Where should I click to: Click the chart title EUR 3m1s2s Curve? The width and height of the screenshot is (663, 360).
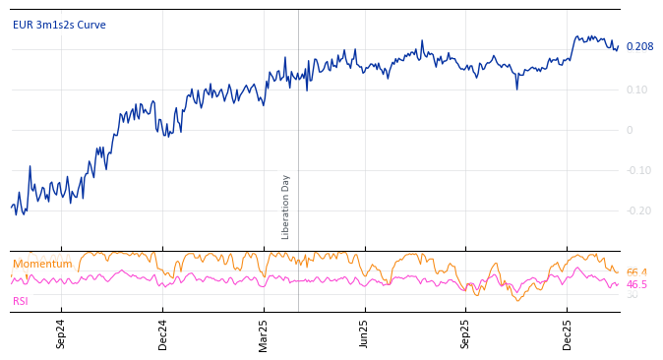[x=59, y=26]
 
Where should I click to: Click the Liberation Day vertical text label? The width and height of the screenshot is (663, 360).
[x=286, y=207]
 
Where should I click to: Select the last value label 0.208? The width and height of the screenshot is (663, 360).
[x=639, y=47]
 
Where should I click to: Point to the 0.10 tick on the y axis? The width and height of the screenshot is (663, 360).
[x=637, y=90]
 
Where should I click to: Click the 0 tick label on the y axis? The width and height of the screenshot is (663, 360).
[x=630, y=130]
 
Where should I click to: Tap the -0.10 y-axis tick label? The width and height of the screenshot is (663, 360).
[x=638, y=170]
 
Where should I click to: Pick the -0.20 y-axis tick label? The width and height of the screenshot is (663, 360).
[x=638, y=210]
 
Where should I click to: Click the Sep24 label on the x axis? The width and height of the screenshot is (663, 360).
[x=61, y=333]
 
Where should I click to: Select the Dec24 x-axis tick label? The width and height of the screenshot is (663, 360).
[x=162, y=333]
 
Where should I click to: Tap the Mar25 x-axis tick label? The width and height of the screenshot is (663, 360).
[x=264, y=333]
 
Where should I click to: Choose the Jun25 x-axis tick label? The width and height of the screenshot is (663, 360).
[x=365, y=333]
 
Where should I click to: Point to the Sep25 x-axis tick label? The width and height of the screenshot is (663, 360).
[x=466, y=333]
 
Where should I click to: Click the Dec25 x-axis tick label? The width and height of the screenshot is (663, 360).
[x=568, y=333]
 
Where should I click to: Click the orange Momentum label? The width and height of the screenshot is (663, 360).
[x=42, y=265]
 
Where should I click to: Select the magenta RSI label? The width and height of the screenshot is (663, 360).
[x=21, y=301]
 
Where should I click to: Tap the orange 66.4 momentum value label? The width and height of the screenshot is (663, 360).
[x=636, y=272]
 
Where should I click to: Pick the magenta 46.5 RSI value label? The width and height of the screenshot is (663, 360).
[x=636, y=284]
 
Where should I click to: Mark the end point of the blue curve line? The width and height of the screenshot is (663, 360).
[x=619, y=46]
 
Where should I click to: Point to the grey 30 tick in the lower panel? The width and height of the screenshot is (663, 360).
[x=632, y=295]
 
